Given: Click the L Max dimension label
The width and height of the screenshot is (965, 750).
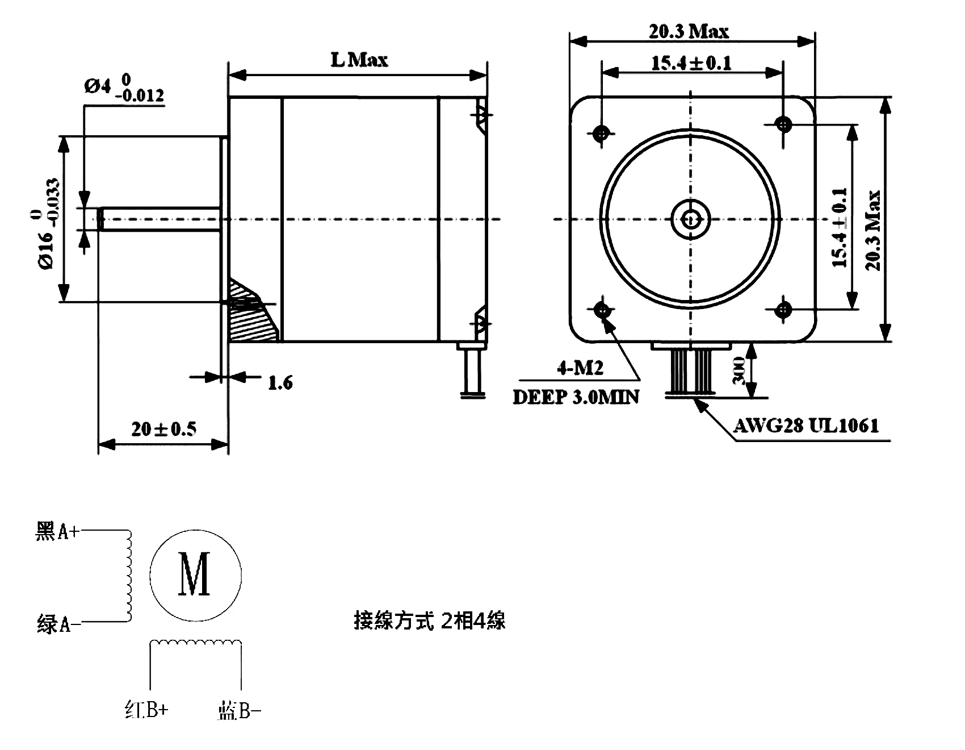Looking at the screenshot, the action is (359, 60).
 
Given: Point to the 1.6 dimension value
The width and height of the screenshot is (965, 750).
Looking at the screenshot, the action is (280, 383).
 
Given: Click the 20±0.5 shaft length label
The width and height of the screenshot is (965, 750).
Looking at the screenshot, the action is (164, 429).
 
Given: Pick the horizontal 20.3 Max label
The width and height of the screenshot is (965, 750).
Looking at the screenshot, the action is (689, 31).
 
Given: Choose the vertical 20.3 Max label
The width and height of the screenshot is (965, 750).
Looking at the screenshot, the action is (874, 230).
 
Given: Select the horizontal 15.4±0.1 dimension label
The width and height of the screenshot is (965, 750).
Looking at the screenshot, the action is (691, 63).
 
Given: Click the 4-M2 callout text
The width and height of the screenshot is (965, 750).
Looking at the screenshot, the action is (580, 369).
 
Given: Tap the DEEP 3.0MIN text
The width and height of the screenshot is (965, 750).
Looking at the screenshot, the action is (576, 397).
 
